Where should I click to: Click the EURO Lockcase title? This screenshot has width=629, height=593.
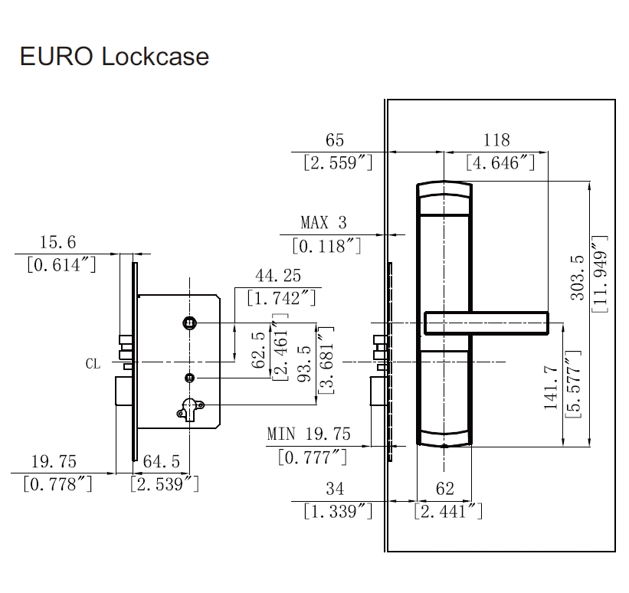point(114,57)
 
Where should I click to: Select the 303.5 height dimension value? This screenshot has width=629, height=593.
point(578,277)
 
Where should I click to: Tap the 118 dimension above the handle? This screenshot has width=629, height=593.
point(496,140)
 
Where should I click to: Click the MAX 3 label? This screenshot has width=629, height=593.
point(323,223)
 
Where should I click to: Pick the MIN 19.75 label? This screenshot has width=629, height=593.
point(309,434)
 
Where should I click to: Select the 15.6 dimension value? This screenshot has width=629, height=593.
point(57,242)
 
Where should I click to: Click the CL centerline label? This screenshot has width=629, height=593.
point(93,364)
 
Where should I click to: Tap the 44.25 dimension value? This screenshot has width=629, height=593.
point(278,276)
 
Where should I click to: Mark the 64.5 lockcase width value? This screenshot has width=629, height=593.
point(162,461)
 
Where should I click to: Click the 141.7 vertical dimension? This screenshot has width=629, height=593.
point(550,387)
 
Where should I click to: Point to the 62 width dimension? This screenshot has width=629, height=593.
point(445,489)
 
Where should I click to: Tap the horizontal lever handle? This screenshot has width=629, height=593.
point(486,323)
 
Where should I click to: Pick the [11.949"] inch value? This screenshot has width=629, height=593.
point(600,277)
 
